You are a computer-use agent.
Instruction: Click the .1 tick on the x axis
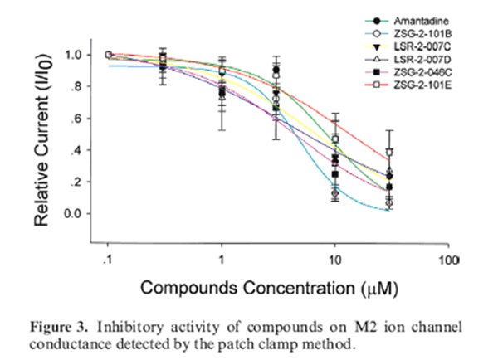click(108, 260)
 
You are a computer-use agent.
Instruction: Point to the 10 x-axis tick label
click(334, 260)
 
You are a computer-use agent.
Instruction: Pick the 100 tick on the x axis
click(449, 260)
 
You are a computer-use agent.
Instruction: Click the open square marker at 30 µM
click(389, 152)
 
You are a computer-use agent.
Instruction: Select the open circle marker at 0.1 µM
click(108, 55)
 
